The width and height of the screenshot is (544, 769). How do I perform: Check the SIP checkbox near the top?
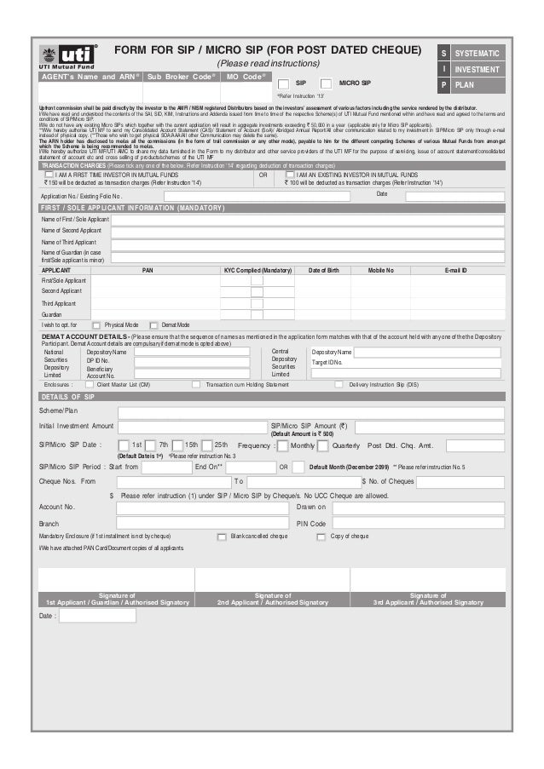point(283,83)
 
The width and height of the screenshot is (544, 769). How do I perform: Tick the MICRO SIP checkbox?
point(327,83)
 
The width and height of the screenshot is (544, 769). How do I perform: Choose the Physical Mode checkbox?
point(96,325)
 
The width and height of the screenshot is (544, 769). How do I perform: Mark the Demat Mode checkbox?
point(153,325)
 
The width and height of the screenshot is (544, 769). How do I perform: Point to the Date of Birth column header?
point(323,269)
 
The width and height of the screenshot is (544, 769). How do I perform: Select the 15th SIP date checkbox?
point(178,445)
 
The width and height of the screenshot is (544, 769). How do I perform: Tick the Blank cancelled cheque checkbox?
point(222,537)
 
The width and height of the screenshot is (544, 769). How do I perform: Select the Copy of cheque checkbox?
point(321,537)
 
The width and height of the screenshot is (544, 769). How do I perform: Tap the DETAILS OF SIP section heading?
point(68,397)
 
